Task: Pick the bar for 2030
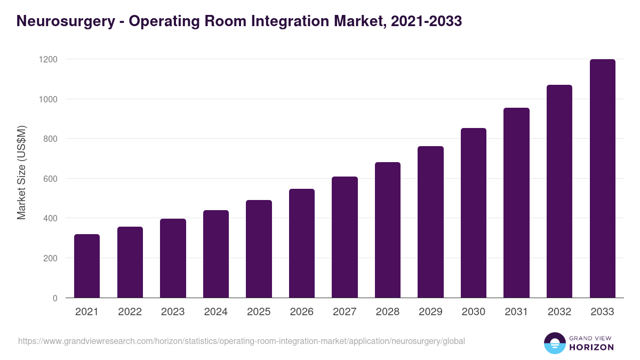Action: [x=474, y=213]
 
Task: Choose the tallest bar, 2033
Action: [x=602, y=178]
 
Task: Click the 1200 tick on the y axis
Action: [x=47, y=59]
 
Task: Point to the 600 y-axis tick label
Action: [x=50, y=179]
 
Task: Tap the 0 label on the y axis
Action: [x=55, y=298]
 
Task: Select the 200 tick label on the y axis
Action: [x=50, y=258]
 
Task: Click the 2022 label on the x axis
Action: [x=130, y=312]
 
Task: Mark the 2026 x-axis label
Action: [x=301, y=312]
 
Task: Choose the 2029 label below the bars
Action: [x=430, y=312]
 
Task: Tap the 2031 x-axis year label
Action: [x=516, y=312]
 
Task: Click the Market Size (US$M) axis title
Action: [x=21, y=172]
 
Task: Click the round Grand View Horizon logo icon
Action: [x=554, y=343]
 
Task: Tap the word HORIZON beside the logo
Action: [x=591, y=347]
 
